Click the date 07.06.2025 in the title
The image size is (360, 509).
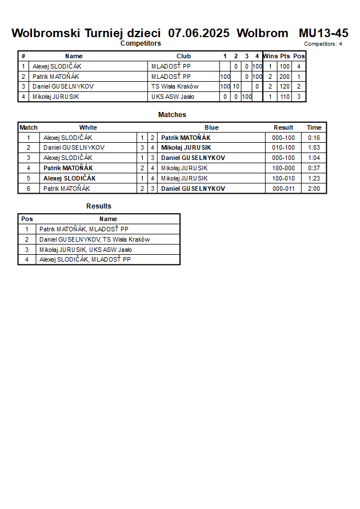[199, 33]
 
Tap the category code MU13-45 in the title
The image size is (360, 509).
[323, 33]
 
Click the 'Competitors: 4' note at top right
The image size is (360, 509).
[323, 43]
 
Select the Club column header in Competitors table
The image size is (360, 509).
[183, 56]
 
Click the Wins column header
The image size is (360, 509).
[270, 56]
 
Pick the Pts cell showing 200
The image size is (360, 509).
[285, 77]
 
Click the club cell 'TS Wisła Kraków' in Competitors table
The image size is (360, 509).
[175, 86]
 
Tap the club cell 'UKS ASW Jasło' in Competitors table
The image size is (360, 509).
[173, 97]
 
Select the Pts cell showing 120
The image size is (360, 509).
[285, 86]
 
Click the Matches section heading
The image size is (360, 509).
[172, 115]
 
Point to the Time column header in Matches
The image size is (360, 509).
[314, 127]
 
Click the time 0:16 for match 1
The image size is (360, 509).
[314, 138]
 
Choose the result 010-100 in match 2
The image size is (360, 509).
[283, 147]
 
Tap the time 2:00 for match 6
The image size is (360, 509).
[314, 189]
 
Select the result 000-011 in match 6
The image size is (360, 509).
[283, 189]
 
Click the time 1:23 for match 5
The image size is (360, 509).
[314, 178]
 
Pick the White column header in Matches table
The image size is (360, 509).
[88, 127]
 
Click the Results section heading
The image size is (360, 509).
[99, 206]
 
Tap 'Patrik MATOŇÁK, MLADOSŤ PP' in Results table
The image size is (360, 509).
[84, 229]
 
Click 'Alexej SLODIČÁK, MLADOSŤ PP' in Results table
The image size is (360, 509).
[85, 259]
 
